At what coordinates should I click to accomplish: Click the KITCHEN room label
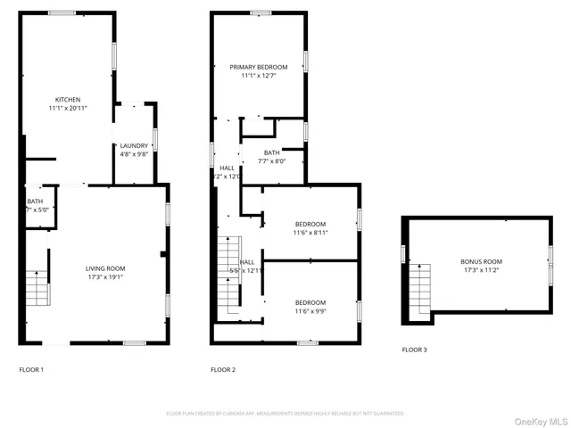click(x=68, y=99)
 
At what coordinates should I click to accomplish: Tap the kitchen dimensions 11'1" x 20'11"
click(x=68, y=108)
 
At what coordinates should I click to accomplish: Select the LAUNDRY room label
click(x=134, y=145)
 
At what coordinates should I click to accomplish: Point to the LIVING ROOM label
click(x=105, y=267)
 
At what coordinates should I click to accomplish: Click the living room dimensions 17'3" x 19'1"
click(x=105, y=276)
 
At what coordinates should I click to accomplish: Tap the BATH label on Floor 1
click(x=34, y=202)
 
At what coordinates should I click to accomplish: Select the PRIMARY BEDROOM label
click(x=259, y=67)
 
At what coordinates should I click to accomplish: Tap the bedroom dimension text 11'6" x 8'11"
click(x=310, y=232)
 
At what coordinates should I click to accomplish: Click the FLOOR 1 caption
click(x=31, y=369)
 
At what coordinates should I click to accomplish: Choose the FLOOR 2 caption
click(x=223, y=369)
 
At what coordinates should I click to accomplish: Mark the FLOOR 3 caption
click(x=414, y=350)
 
